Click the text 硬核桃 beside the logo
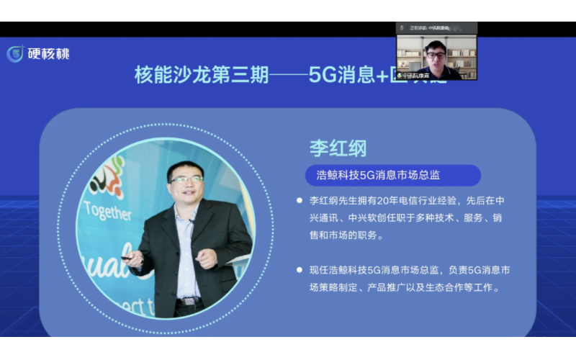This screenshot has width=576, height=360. (48, 54)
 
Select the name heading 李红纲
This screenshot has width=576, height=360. (338, 148)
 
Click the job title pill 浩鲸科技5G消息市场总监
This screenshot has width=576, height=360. (392, 175)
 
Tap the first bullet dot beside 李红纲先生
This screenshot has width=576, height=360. (299, 200)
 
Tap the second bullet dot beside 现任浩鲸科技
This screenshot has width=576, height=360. (299, 269)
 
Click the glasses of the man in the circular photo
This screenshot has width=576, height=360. (186, 179)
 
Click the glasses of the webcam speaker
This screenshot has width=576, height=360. (435, 54)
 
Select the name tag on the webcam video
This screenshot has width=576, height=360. (417, 75)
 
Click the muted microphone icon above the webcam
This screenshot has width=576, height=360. (467, 27)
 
